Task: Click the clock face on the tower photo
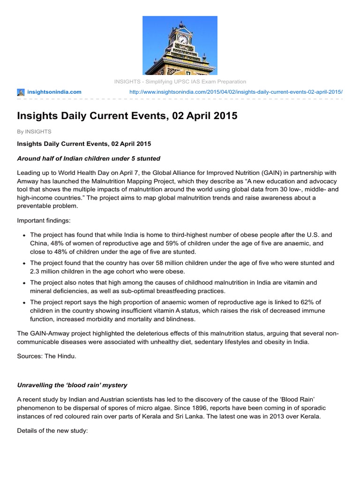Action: (x=182, y=39)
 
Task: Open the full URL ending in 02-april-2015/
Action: (x=235, y=92)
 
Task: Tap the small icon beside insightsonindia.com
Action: (x=21, y=92)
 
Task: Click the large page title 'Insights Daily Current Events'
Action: (x=127, y=116)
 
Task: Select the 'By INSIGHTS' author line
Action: (x=34, y=132)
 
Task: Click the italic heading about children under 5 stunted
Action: (x=89, y=158)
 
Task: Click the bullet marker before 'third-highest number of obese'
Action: (x=23, y=235)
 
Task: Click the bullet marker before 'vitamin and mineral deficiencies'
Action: (x=23, y=283)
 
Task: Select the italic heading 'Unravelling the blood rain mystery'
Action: (x=72, y=385)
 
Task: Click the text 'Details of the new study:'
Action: (x=52, y=430)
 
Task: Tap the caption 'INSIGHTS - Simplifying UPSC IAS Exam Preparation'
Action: (x=180, y=82)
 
